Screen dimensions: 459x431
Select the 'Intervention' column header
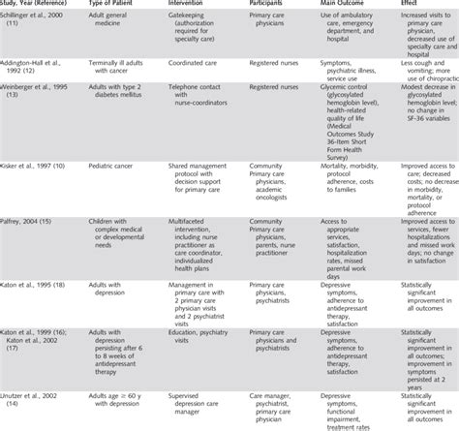point(186,6)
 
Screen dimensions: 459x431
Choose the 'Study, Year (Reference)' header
point(39,6)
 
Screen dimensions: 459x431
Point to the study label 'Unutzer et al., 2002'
point(39,393)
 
